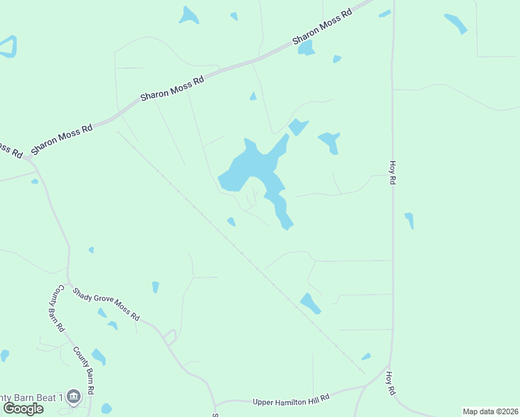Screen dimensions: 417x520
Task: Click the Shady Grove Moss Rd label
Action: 107,303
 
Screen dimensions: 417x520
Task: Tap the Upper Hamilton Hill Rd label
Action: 291,399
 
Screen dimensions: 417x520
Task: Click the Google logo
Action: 23,408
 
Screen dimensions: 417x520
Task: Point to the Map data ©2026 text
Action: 490,411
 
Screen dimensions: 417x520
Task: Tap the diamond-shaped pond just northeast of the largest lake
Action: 298,127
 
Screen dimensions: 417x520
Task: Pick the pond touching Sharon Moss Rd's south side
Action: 306,49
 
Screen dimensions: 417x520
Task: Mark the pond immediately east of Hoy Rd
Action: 409,220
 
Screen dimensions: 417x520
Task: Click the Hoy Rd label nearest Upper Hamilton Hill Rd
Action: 391,383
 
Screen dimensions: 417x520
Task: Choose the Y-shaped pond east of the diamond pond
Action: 330,142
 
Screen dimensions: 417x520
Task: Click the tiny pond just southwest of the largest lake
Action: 231,222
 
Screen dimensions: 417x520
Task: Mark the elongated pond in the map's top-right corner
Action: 456,23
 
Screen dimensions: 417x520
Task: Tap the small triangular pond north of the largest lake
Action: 253,96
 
